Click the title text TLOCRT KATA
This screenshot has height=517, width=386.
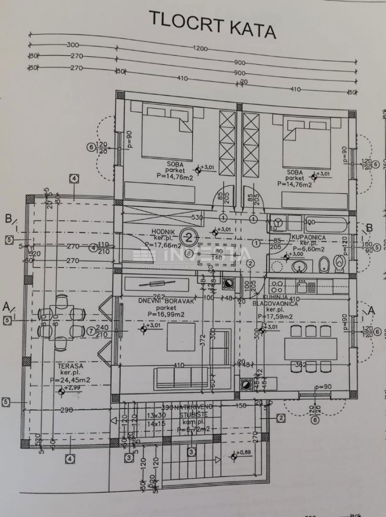tap(212, 24)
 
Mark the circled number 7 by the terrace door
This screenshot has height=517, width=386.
tap(92, 331)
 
